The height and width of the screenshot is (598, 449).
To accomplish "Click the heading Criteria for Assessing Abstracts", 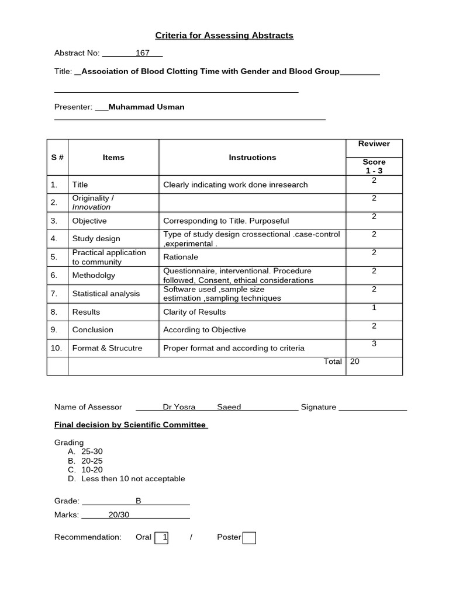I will (224, 36).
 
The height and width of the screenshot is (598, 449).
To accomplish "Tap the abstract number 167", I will (143, 53).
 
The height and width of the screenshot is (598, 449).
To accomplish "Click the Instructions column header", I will (252, 157).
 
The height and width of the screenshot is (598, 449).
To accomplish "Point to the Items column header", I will (113, 157).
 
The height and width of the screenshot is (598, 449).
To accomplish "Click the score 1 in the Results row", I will (374, 308).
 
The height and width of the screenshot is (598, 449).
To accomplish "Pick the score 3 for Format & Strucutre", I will (374, 344).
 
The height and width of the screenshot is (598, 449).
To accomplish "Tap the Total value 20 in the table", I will (355, 361).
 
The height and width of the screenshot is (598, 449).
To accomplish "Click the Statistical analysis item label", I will (106, 293).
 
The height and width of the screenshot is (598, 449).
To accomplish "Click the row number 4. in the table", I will (54, 238).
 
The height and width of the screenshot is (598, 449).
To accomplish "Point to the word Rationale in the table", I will (181, 257).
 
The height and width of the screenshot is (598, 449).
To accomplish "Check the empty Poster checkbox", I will (249, 537).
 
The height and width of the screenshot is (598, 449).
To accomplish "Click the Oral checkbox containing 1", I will (161, 537).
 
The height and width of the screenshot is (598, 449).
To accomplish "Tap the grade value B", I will (139, 500).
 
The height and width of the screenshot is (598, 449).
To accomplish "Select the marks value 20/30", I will (119, 514).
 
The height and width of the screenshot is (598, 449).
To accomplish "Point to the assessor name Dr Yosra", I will (179, 407).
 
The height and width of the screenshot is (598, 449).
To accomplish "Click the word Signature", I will (319, 407).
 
